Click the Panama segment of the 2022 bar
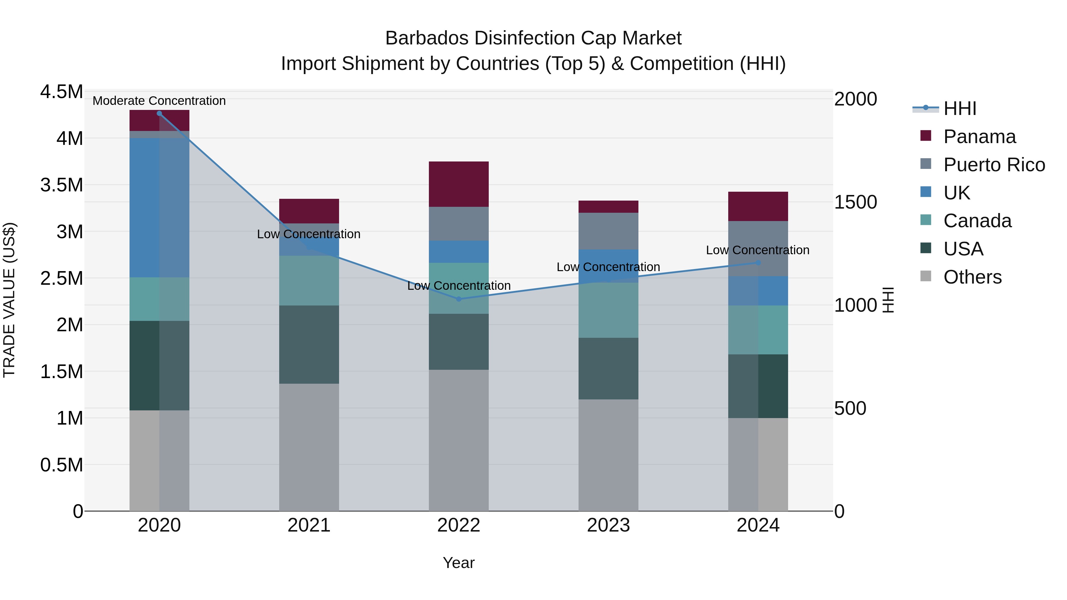coord(459,184)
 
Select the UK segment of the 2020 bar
coord(159,207)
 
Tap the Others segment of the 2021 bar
coord(309,447)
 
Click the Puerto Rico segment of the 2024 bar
coord(758,249)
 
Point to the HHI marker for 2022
coord(459,299)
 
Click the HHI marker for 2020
coord(159,113)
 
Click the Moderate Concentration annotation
coord(159,101)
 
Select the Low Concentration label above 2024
coord(758,250)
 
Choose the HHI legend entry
coord(959,108)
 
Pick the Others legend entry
coord(972,277)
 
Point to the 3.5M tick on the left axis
coord(61,185)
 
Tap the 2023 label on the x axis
coord(608,525)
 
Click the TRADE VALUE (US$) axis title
coord(9,300)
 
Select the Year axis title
coord(459,563)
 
